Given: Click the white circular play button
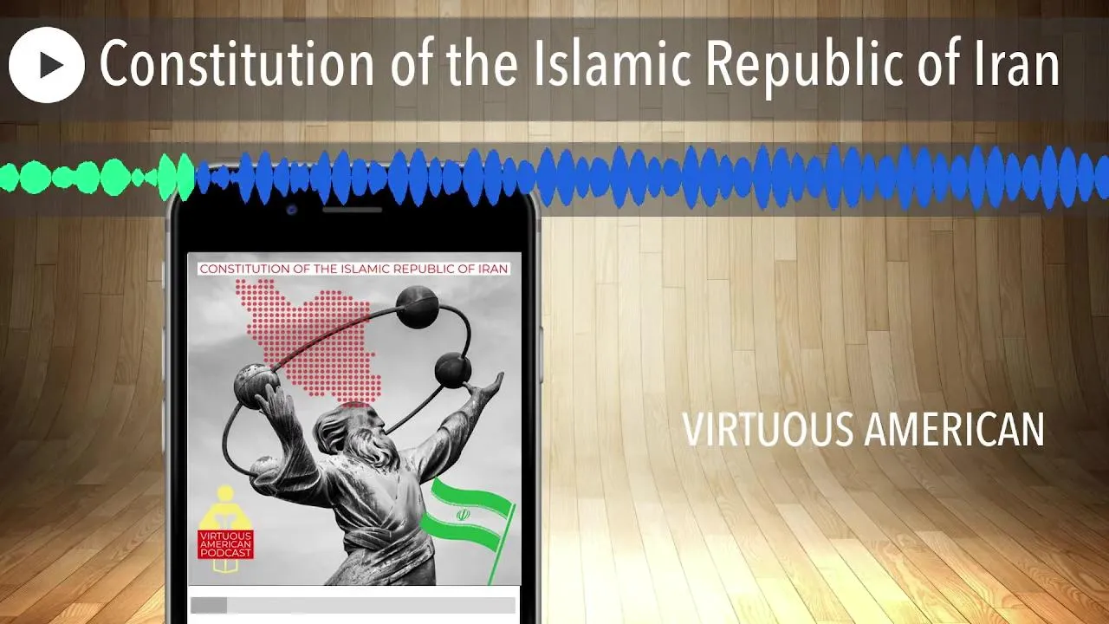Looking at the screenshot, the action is pos(47,65).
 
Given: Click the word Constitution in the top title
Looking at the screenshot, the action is pos(237,63).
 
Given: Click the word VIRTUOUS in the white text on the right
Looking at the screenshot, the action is pos(768,429).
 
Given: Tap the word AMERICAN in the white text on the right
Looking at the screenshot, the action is pos(954,429).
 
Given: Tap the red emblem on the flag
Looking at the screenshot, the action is pos(462,515).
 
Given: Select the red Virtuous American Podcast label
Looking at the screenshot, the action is pos(226,544).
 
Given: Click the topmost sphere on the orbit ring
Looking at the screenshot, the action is pos(417,307).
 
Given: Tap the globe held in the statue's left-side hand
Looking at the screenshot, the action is pos(256,386).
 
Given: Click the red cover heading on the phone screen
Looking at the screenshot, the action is pos(354,269).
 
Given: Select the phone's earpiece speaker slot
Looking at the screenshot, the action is pos(352,210).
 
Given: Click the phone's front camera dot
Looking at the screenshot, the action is pos(292,210).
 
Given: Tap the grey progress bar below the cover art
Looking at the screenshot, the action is pos(353,605).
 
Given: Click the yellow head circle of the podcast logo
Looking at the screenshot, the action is pos(225,493).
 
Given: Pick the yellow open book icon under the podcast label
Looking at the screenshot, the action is pos(226,566).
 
